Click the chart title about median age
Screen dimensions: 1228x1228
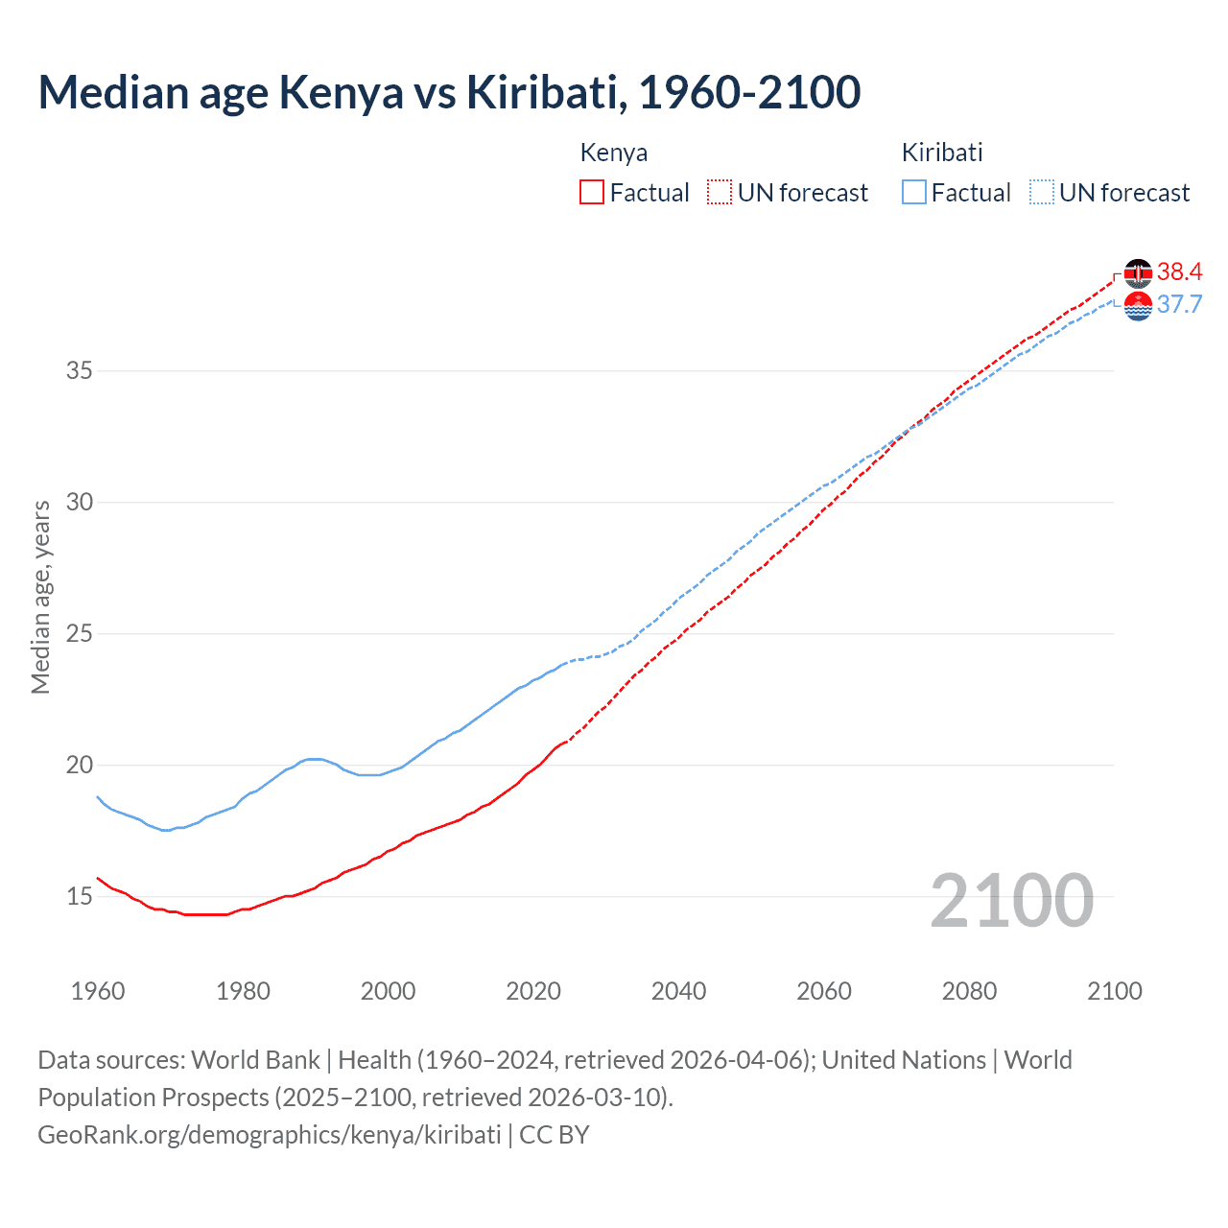click(449, 92)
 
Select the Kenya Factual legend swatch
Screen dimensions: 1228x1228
click(592, 192)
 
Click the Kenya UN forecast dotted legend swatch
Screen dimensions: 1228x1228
click(720, 192)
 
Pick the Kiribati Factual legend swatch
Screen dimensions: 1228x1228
click(913, 192)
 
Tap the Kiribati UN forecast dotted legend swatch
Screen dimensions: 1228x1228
click(1041, 192)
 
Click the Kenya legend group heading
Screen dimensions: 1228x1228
click(613, 153)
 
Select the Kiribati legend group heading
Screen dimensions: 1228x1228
click(941, 153)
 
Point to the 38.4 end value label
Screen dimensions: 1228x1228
click(1179, 272)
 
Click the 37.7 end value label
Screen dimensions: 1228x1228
click(1179, 305)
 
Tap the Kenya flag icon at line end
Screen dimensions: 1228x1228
click(1138, 273)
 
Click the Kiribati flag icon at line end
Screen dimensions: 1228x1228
click(1138, 306)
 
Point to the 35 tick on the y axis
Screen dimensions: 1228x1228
click(79, 370)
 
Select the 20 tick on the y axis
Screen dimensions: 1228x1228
click(79, 765)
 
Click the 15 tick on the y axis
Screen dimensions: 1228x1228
click(79, 896)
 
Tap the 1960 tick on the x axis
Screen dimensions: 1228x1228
click(98, 991)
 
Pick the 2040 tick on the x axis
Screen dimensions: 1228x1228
click(678, 991)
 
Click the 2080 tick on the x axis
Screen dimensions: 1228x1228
click(969, 991)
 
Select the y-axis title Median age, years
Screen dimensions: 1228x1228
click(40, 597)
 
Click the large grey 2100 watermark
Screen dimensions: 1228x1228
click(1011, 900)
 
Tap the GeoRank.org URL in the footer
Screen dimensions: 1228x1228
click(270, 1134)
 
